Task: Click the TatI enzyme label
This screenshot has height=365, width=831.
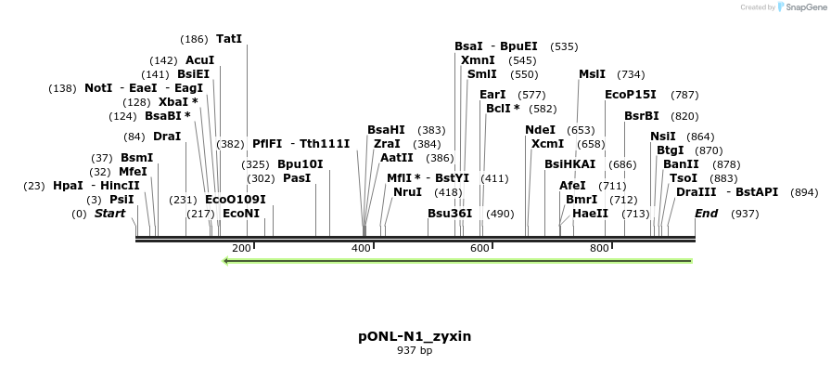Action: pos(228,39)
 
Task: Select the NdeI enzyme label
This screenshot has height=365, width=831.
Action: pos(540,130)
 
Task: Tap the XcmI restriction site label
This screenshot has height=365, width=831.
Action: pos(547,144)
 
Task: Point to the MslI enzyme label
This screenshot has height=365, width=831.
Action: pos(592,74)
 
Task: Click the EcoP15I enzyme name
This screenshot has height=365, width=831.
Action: pos(630,95)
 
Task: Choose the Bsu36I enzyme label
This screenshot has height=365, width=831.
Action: pos(450,214)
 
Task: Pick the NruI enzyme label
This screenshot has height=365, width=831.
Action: pos(407,192)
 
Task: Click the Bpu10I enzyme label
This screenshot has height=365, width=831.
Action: pos(300,164)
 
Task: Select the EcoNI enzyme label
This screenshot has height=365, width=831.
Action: pos(241,214)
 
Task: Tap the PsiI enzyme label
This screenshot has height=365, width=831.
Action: pos(121,200)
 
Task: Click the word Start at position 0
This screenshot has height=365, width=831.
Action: pos(109,214)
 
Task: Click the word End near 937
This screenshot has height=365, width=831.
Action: pos(707,214)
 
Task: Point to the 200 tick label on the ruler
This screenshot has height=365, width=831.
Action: pos(241,249)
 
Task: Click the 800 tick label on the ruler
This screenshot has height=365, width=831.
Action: pos(599,249)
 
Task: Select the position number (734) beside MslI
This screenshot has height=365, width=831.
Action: pos(631,74)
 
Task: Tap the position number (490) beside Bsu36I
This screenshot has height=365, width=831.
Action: pos(500,214)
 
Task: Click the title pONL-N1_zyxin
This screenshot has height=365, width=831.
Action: pos(415,336)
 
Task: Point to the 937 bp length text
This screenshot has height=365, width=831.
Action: pos(415,351)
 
